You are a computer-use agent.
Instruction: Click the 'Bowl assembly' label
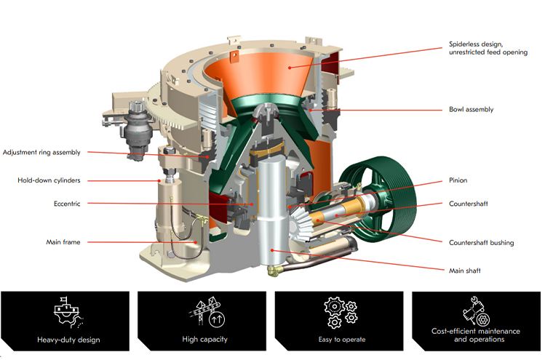[x=471, y=110]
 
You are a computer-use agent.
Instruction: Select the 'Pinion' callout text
[x=458, y=180]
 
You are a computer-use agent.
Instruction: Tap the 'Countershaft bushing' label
[x=481, y=243]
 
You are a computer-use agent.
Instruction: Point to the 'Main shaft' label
[x=465, y=271]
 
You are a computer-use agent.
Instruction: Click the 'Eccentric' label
[x=67, y=204]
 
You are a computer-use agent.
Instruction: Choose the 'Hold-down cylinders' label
[x=49, y=180]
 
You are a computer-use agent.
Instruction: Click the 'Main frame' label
[x=63, y=242]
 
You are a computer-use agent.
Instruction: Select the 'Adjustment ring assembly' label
[x=41, y=152]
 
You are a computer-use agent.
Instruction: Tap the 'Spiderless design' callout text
[x=476, y=44]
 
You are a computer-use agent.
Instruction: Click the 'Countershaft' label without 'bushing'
[x=469, y=204]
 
